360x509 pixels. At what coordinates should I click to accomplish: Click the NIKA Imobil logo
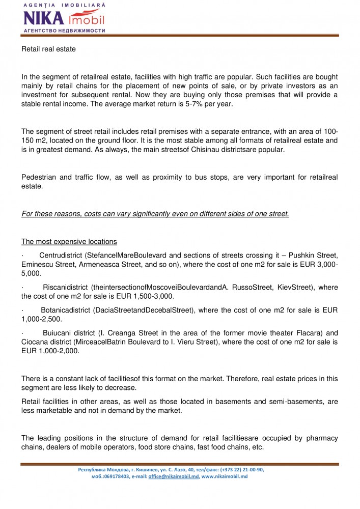coord(64,18)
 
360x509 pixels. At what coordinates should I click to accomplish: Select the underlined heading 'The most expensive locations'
coord(69,241)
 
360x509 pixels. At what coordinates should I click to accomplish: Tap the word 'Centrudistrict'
coord(61,254)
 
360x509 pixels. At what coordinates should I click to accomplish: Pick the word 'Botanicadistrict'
coord(67,310)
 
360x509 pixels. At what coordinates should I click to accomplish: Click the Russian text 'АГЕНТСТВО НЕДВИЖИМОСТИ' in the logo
coord(64,31)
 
